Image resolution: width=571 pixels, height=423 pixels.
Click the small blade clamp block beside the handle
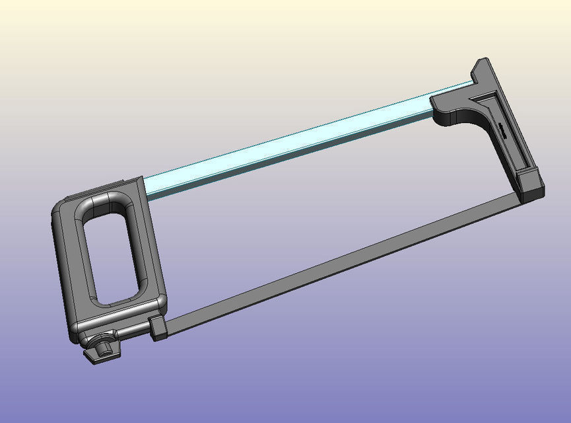(x=157, y=327)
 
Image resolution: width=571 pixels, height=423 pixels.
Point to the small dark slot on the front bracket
(x=502, y=130)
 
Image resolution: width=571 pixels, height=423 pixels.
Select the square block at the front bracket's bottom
(x=531, y=187)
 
